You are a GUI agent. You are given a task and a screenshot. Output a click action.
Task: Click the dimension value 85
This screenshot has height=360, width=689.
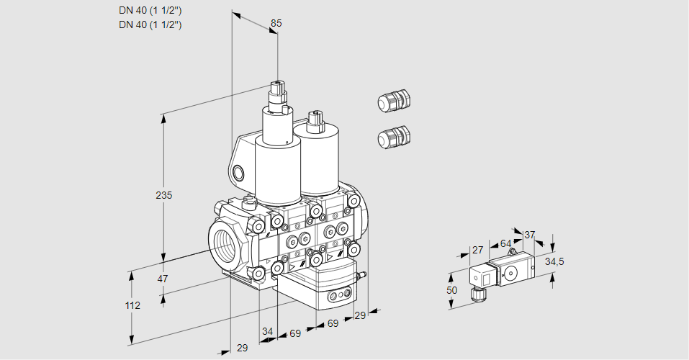coord(276,23)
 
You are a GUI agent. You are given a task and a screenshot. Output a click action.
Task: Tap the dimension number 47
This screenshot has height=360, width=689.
coord(163,279)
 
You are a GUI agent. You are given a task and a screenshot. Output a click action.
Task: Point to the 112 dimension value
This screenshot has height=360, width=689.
coord(132,305)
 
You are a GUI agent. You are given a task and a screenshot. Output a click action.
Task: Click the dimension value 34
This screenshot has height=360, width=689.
coord(267,331)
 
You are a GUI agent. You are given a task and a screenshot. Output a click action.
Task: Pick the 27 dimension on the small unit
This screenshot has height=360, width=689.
coord(477,250)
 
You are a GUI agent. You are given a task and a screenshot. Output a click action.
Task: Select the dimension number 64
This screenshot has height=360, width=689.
coord(505,243)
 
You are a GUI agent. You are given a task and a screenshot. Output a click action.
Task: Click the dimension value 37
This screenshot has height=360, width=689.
coord(529,235)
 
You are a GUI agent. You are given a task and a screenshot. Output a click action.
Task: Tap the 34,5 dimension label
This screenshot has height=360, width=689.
coord(554,261)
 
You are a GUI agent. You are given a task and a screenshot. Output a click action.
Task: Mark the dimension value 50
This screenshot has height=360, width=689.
coord(451,289)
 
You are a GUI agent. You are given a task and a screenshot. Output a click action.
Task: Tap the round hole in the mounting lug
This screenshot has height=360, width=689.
coord(239,173)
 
